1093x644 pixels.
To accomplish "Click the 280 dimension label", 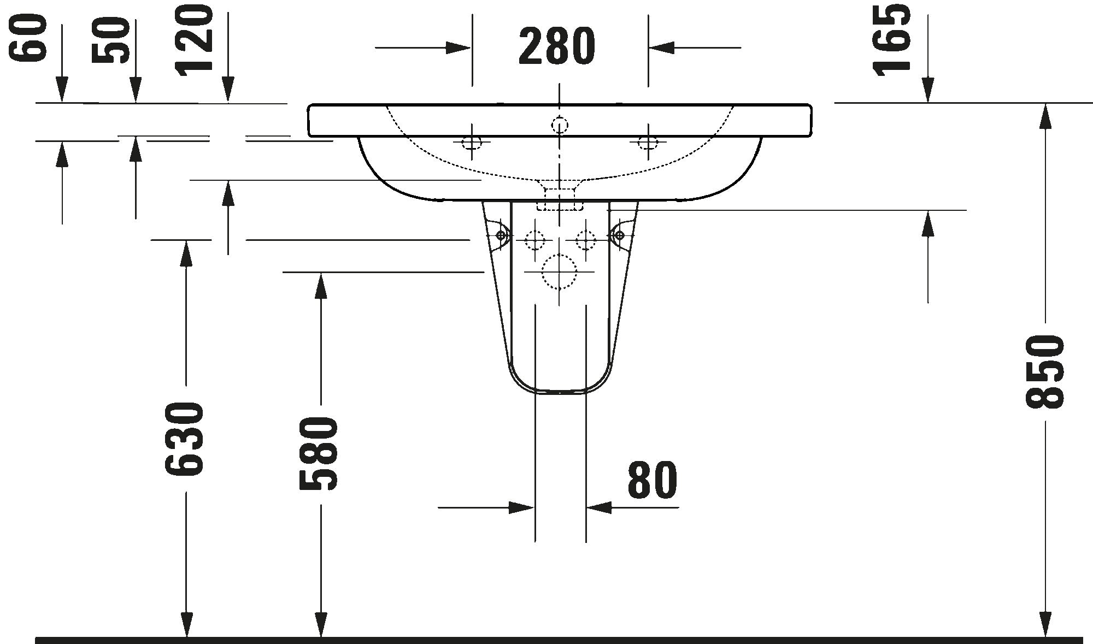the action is tap(557, 46).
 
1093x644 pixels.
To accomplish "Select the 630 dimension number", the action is tap(184, 439).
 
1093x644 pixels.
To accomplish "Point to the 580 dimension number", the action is tap(319, 453).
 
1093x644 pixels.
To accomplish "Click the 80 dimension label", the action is tap(653, 480).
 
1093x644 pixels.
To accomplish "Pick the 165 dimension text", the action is tap(892, 39).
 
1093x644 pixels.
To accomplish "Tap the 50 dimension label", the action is tap(110, 40).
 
